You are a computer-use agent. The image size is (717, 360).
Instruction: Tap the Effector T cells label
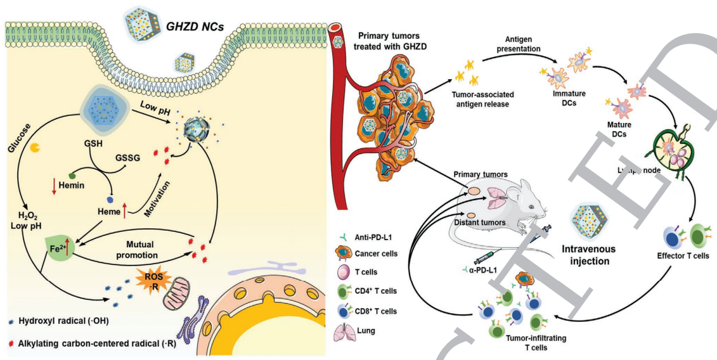[683, 257]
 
